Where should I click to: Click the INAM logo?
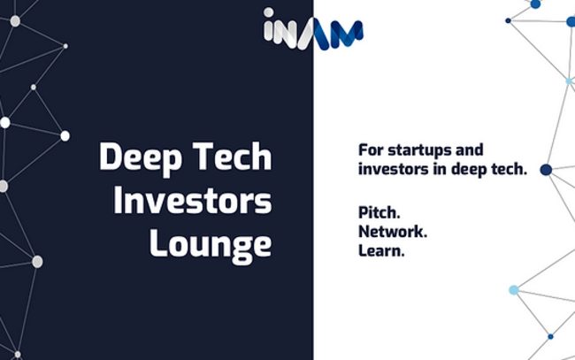pos(313,28)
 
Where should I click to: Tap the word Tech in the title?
pos(232,157)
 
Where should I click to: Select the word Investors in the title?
pos(193,200)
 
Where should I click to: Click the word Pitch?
pos(379,212)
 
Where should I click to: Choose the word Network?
pos(393,232)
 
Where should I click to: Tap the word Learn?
pos(381,251)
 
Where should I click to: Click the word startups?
pos(419,150)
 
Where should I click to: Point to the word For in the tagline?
pos(372,150)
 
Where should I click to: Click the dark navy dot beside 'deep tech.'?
pos(546,169)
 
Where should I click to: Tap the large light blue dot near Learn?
pos(514,290)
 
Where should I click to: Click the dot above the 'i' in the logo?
pos(268,12)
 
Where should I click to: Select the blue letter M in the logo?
pos(346,34)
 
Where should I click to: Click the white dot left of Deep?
pos(65,136)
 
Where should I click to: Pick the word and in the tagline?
pos(470,150)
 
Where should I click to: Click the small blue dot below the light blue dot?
pos(550,336)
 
